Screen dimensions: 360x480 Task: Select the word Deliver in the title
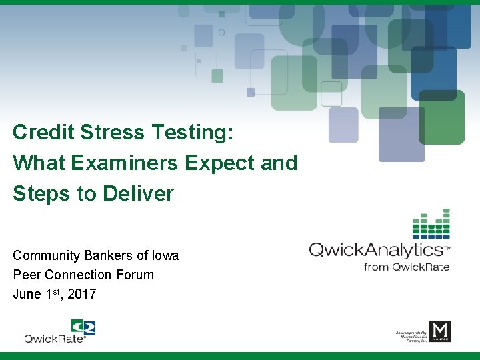pyautogui.click(x=138, y=193)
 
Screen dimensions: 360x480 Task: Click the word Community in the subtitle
pyautogui.click(x=43, y=256)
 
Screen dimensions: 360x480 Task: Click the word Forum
pyautogui.click(x=135, y=275)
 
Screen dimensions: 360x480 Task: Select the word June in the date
pyautogui.click(x=27, y=294)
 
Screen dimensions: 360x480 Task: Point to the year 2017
pyautogui.click(x=82, y=294)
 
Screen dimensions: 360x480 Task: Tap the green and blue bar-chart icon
pyautogui.click(x=431, y=224)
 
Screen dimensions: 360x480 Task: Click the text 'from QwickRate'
pyautogui.click(x=406, y=267)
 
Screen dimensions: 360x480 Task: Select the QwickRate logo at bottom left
pyautogui.click(x=60, y=331)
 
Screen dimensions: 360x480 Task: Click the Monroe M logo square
pyautogui.click(x=439, y=331)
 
